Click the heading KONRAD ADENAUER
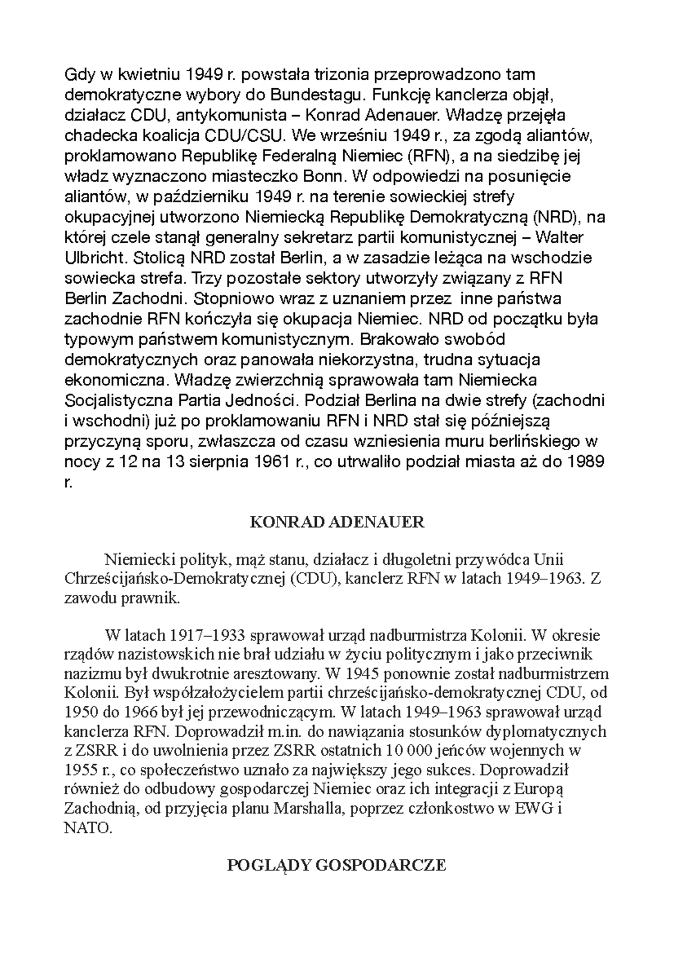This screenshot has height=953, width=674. tap(336, 523)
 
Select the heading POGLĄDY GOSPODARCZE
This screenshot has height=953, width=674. tap(336, 865)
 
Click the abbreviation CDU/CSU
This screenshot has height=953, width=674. tap(245, 135)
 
